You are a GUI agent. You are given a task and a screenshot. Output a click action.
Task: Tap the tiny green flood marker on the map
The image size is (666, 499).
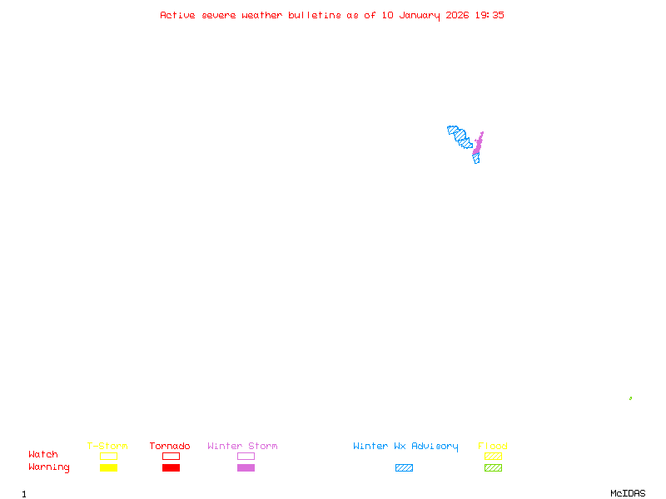[630, 398]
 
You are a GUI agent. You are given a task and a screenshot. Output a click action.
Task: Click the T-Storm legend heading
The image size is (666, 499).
[107, 446]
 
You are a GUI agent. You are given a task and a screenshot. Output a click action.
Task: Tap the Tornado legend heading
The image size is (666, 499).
[170, 446]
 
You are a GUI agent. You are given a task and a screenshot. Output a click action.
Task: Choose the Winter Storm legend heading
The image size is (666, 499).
[242, 446]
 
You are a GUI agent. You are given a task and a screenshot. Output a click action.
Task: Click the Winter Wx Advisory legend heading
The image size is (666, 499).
[405, 446]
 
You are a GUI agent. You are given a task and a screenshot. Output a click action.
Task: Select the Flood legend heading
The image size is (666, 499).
[493, 446]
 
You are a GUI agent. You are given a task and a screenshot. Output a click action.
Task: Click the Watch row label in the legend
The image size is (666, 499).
[43, 455]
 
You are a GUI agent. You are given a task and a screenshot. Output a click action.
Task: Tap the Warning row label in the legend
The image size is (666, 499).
[49, 467]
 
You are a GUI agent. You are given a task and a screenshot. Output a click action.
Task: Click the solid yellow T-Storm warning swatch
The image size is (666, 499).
[108, 468]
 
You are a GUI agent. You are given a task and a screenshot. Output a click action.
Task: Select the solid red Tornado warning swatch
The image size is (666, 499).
[171, 468]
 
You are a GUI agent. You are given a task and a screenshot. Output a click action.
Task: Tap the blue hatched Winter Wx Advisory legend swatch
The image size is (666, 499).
[404, 468]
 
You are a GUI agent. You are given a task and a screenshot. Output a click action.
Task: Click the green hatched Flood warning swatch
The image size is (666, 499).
[493, 468]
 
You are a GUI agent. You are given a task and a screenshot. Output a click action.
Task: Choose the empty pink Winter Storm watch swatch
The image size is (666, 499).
[246, 456]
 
